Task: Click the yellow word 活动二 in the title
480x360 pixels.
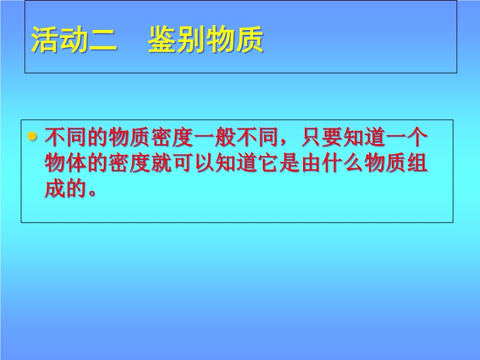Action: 74,40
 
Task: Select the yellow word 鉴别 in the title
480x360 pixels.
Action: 176,40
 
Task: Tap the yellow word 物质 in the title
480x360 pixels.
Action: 235,40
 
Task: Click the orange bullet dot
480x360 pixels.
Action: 32,136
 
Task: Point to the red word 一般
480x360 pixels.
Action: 215,137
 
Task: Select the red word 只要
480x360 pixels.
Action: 322,137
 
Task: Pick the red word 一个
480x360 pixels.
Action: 407,137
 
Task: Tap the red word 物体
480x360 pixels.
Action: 66,163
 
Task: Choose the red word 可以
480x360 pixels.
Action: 194,163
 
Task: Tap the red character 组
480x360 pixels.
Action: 418,163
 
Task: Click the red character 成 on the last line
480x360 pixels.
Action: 55,188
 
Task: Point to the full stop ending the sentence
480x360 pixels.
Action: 92,193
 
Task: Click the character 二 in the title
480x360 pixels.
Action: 103,40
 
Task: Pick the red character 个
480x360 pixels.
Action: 418,137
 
